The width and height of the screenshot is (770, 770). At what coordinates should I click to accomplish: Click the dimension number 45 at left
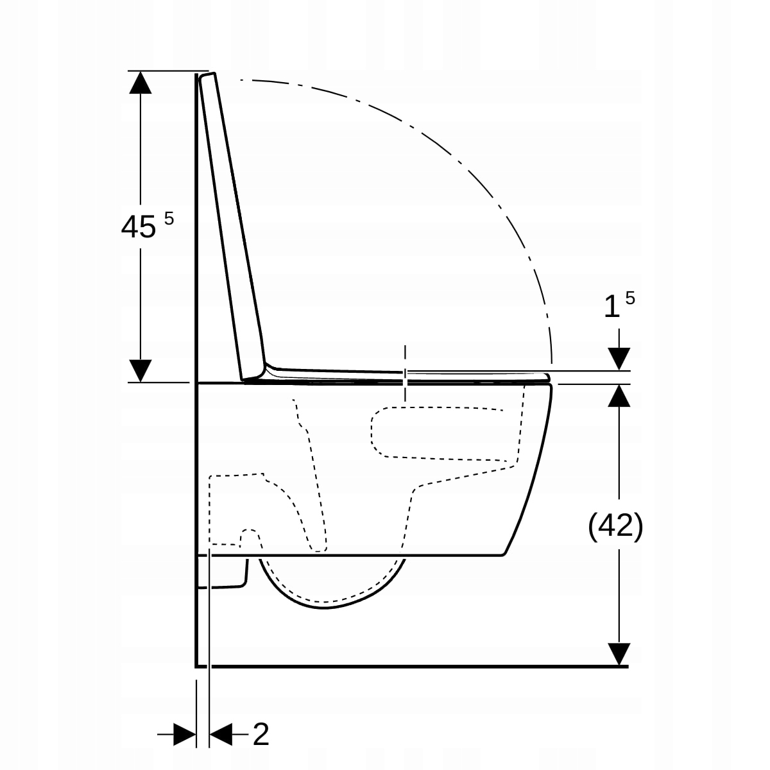pyautogui.click(x=138, y=227)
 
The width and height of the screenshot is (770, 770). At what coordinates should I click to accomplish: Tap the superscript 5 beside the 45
pyautogui.click(x=169, y=219)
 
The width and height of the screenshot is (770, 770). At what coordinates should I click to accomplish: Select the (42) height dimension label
pyautogui.click(x=615, y=526)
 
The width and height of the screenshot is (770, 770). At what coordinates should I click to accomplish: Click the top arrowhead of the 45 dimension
pyautogui.click(x=141, y=82)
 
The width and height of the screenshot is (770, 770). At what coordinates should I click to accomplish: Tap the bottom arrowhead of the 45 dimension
pyautogui.click(x=141, y=370)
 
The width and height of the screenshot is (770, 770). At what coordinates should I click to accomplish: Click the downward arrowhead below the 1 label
pyautogui.click(x=619, y=359)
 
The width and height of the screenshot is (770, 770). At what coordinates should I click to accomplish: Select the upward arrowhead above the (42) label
pyautogui.click(x=619, y=396)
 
